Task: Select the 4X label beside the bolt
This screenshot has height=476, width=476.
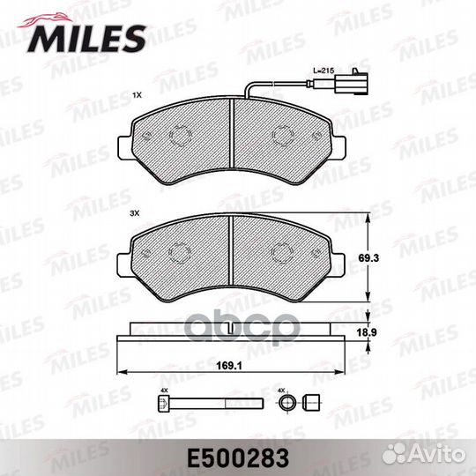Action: click(164, 388)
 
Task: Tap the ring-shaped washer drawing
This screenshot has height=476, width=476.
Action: click(284, 403)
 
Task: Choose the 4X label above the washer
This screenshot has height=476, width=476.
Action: click(282, 388)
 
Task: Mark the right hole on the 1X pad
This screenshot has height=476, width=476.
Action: click(283, 135)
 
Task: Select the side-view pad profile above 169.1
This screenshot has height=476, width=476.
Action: click(231, 333)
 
